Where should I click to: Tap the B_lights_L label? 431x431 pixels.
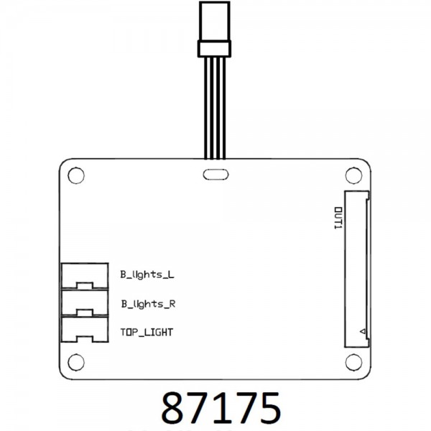[147, 275]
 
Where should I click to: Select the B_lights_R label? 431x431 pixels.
[149, 305]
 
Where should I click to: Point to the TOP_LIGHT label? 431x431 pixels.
[147, 333]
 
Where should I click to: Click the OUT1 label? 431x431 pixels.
[338, 218]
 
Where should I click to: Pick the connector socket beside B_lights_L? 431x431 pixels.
[85, 276]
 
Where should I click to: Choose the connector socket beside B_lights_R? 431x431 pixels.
[85, 303]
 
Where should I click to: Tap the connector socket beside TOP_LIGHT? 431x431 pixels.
[85, 330]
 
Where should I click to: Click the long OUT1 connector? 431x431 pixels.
[357, 269]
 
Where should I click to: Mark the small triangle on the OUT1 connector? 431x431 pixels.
[363, 331]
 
